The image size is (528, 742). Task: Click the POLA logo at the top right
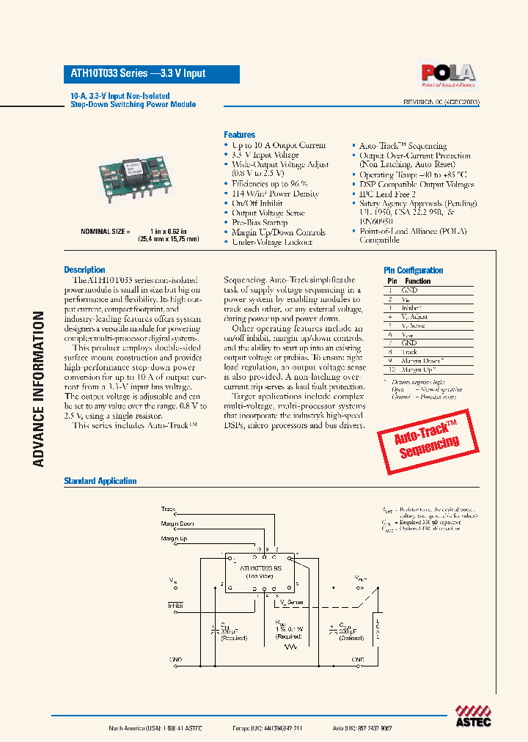447,74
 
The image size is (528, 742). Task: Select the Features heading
239,135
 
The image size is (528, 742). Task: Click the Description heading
84,270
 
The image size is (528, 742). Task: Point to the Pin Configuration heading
414,271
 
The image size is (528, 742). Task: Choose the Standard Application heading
100,481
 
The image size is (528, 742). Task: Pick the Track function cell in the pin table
409,352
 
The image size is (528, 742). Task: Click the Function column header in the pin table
417,281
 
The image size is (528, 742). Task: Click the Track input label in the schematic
169,508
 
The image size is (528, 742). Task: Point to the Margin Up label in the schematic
175,539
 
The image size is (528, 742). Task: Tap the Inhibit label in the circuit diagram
175,605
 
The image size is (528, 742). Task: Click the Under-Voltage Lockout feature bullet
271,242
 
